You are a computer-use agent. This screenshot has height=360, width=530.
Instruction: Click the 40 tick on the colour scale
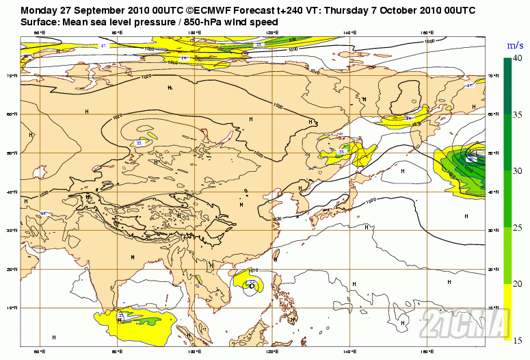[x=518, y=59]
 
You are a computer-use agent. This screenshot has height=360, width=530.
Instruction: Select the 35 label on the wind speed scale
[x=518, y=115]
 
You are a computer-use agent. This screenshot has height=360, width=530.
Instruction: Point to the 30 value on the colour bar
[x=518, y=171]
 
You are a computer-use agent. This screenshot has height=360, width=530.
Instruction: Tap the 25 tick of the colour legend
[x=518, y=227]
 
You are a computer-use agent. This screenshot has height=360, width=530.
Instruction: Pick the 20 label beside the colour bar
[x=518, y=283]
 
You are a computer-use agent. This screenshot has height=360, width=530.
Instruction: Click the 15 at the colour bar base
[x=518, y=339]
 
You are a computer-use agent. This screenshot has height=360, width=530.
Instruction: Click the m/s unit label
[x=514, y=45]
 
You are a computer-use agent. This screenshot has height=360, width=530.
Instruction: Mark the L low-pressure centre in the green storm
[x=471, y=159]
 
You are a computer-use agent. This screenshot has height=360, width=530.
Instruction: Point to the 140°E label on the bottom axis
[x=351, y=351]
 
